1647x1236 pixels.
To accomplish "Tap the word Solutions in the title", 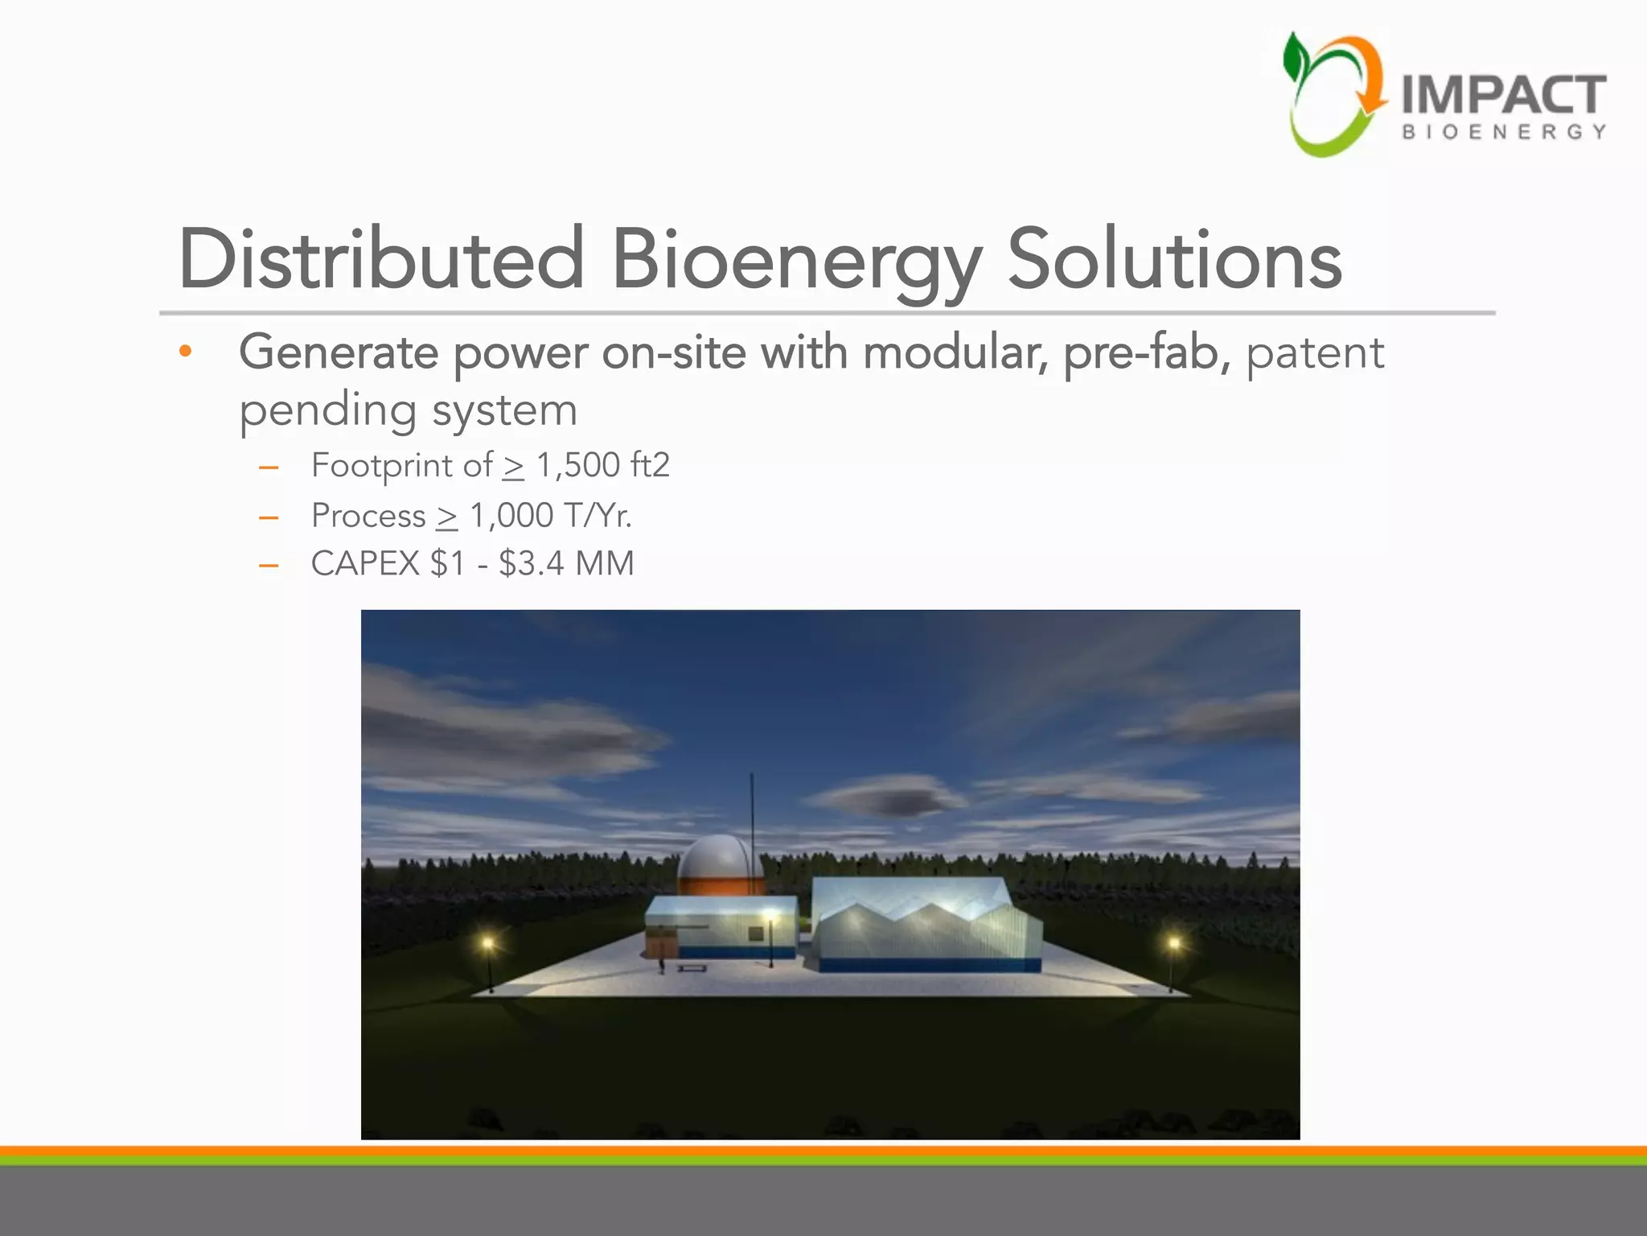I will (x=1174, y=259).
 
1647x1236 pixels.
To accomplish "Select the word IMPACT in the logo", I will (x=1503, y=96).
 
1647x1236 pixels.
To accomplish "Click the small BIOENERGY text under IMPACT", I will (x=1503, y=132).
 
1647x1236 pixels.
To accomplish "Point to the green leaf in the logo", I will (x=1296, y=58).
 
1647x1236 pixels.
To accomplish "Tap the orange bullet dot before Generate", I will (x=186, y=352).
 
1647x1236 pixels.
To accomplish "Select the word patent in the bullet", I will (x=1315, y=353).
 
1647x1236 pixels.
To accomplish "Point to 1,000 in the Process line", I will (x=511, y=516).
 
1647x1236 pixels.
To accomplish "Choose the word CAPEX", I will (x=365, y=563).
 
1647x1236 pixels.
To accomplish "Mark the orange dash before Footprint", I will (x=269, y=468).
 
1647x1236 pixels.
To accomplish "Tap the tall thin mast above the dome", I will (x=752, y=805).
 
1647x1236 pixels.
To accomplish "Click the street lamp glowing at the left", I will (x=487, y=944).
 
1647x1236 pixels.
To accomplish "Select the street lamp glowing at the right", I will (x=1173, y=943).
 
